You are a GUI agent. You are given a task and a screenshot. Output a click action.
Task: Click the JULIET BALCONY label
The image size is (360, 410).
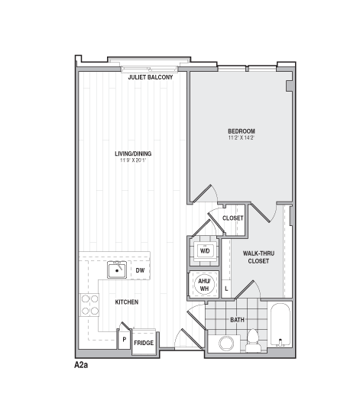pos(151,78)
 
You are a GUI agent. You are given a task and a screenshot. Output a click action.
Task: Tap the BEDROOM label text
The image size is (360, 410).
pos(241,131)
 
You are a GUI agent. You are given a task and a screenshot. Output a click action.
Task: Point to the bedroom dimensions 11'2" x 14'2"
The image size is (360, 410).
pos(241,138)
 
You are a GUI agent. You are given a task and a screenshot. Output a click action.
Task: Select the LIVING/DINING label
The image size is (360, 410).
pos(133,153)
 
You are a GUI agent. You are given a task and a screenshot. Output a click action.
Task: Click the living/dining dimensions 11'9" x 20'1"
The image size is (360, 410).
pos(133,160)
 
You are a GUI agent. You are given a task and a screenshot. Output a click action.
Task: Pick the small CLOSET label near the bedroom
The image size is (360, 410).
pos(232,218)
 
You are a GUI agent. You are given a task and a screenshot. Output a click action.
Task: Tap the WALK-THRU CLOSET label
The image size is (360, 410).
pos(258,257)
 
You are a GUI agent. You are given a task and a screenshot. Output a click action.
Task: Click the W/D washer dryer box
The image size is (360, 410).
pos(205,250)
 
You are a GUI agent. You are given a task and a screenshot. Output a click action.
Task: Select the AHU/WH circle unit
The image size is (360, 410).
pos(204,285)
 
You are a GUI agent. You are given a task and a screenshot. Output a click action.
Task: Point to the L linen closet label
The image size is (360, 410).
pos(226,289)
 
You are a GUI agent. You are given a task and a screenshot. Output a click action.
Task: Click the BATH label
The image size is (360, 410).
pos(237,319)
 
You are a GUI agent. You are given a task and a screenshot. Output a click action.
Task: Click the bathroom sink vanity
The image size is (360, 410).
pos(226,343)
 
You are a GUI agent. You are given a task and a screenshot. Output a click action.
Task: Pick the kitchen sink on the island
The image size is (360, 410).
pos(116,270)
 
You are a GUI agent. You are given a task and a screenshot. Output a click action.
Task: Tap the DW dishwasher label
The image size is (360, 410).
pos(140,270)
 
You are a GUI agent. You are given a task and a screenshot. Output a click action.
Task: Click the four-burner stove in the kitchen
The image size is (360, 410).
pos(89,305)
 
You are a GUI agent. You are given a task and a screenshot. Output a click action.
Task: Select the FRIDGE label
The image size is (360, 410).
pos(143,343)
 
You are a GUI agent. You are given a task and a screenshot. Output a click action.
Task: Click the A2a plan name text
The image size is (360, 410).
pos(82,366)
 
